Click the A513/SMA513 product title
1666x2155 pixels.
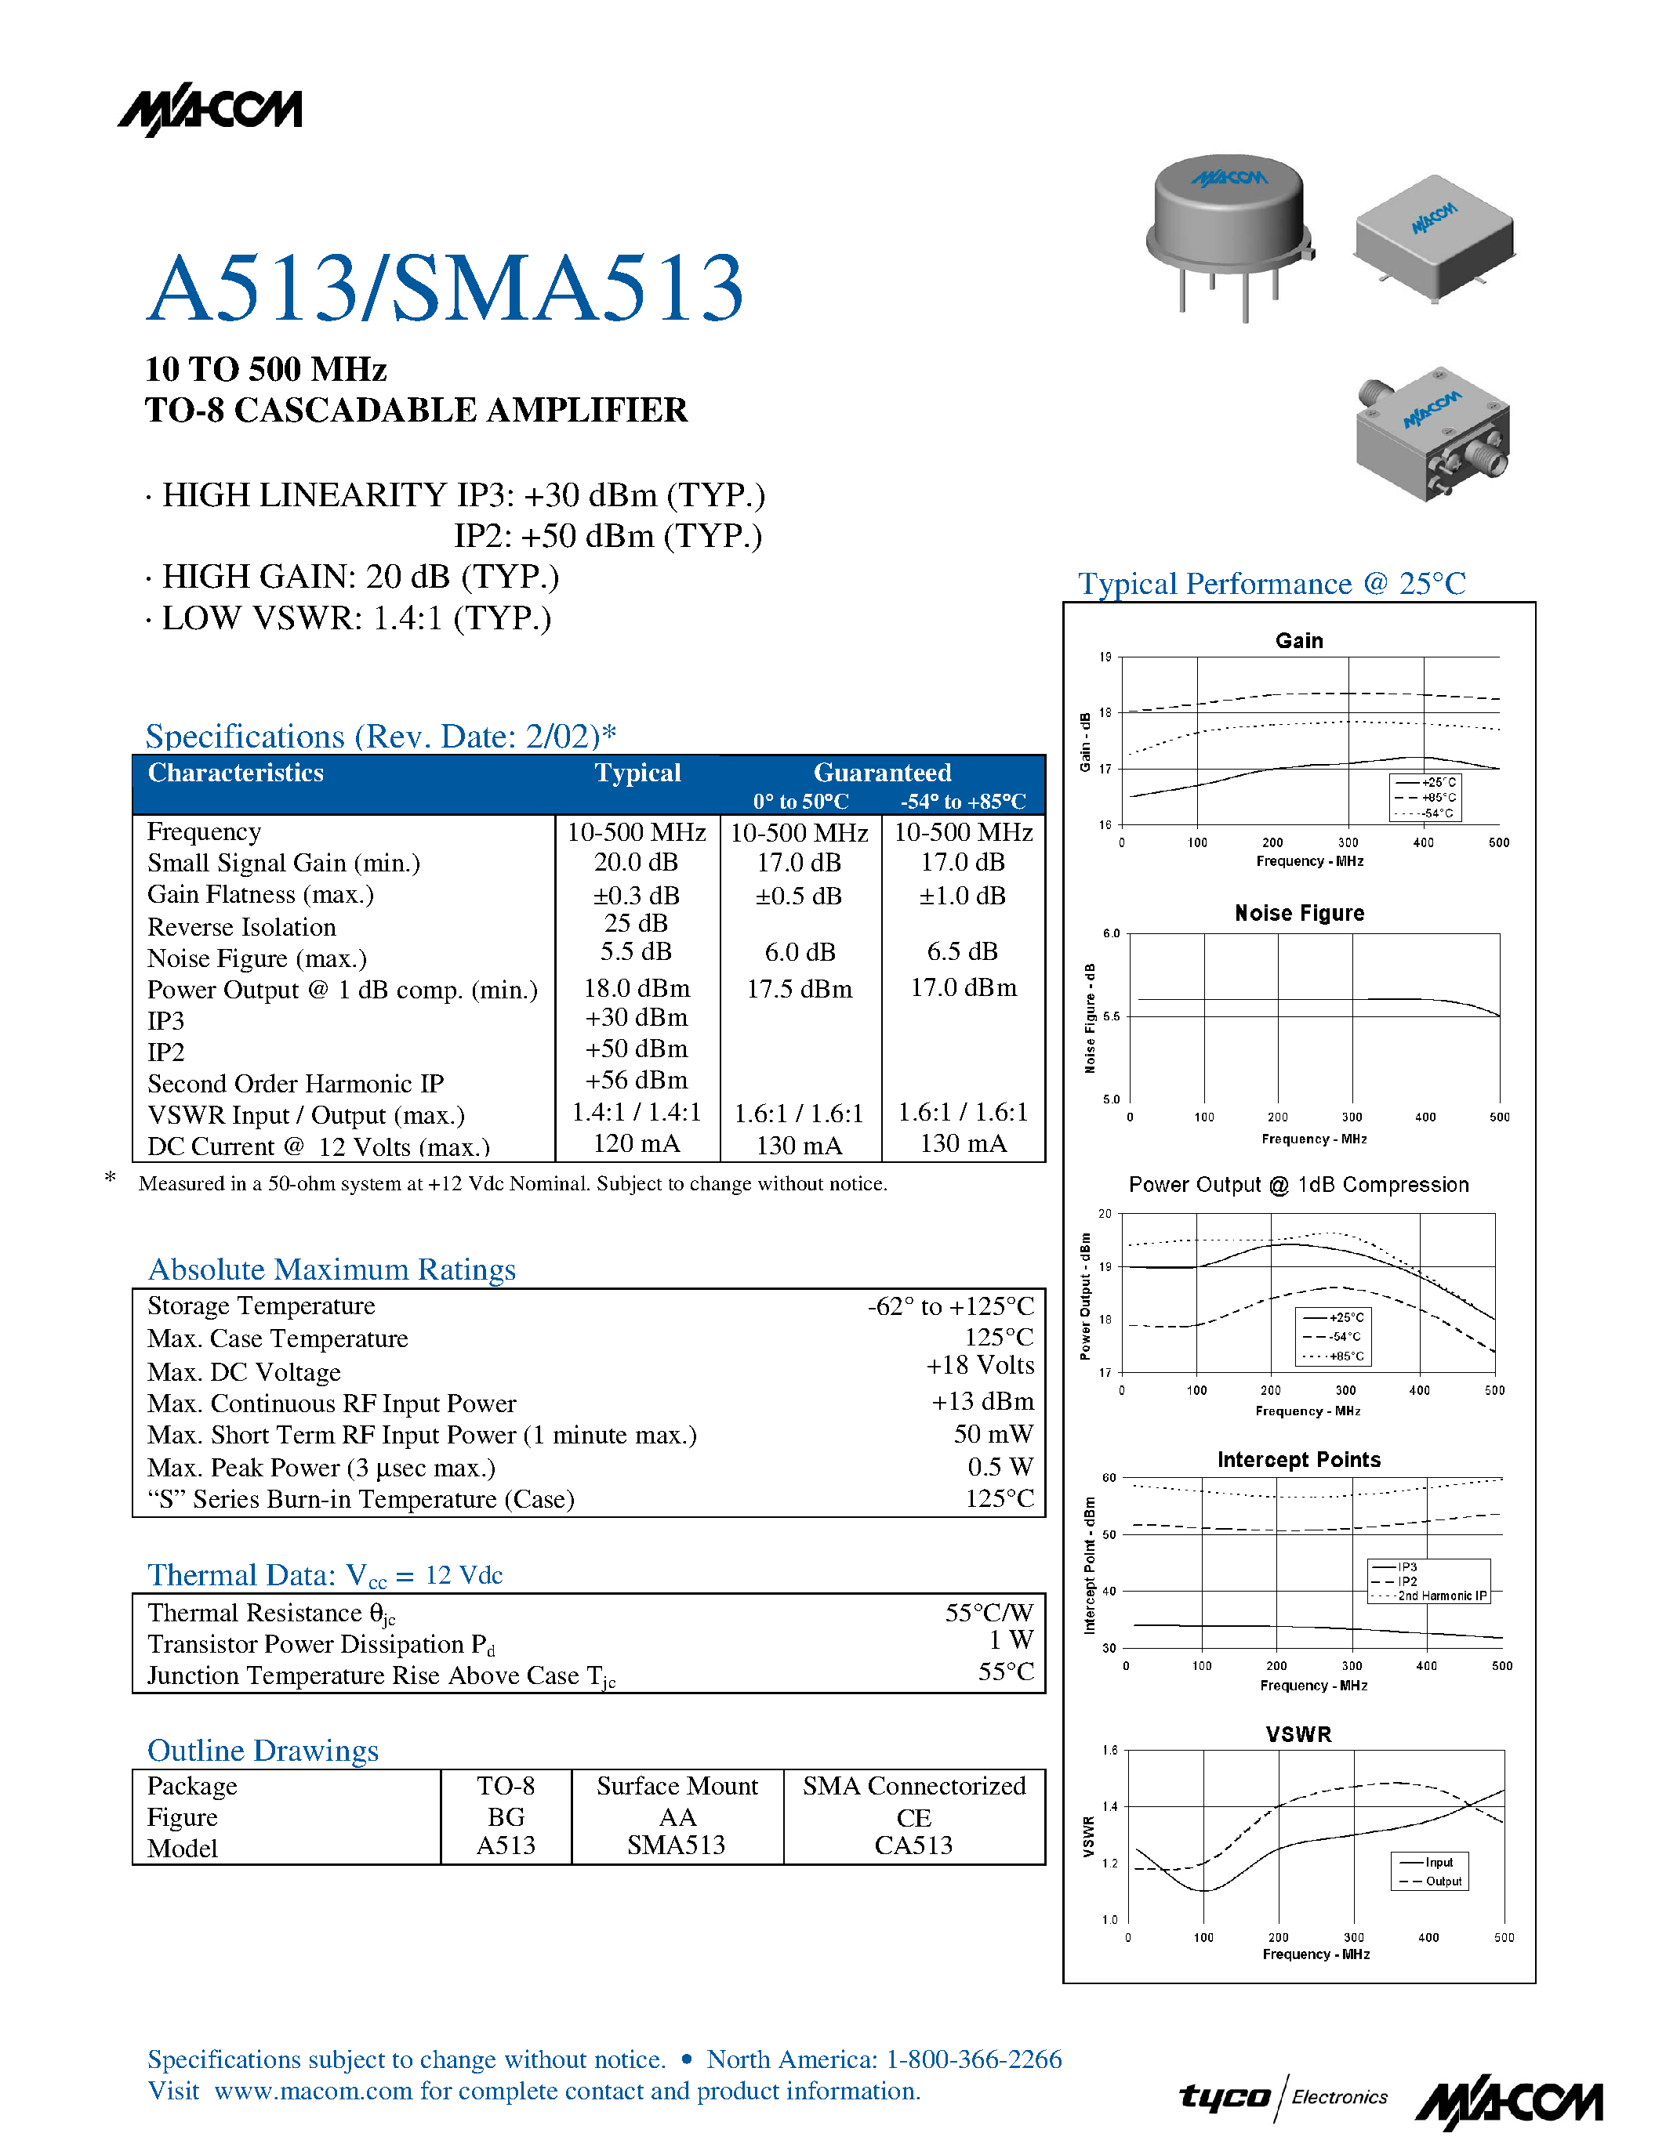point(444,288)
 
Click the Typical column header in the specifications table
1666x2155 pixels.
point(637,773)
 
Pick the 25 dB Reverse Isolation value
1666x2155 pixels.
point(636,924)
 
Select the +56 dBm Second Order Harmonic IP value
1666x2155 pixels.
point(636,1081)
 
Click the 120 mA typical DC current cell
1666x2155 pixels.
point(636,1143)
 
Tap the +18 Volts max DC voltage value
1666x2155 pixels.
point(980,1366)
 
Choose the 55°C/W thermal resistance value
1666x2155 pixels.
point(989,1612)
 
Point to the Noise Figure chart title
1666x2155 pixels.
point(1299,914)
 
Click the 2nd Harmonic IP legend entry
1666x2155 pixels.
point(1441,1595)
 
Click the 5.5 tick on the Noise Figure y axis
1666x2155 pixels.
point(1112,1016)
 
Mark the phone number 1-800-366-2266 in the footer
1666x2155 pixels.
point(973,2059)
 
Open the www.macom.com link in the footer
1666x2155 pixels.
point(313,2091)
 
